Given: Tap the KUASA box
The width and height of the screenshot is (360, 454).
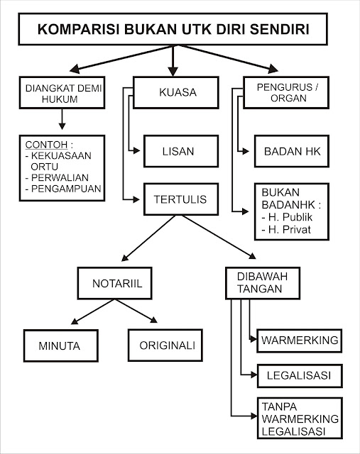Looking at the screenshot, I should coord(175,92).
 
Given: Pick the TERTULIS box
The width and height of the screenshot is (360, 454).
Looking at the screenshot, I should coord(180,199).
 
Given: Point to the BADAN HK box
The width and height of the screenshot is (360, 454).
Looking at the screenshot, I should coord(291,152).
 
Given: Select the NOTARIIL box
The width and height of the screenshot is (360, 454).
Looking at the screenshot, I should coord(117,282).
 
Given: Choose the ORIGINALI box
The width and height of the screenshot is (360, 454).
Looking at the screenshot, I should coord(166,345).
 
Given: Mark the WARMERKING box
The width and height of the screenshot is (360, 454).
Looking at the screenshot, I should coord(300,340).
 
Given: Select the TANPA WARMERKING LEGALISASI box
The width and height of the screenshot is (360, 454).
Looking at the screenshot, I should coord(298,419).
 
